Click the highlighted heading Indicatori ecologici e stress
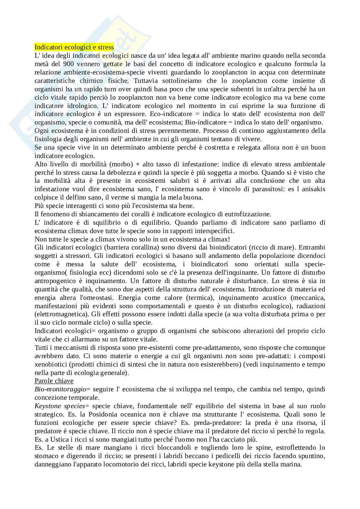(x=74, y=47)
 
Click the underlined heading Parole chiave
(x=54, y=381)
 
